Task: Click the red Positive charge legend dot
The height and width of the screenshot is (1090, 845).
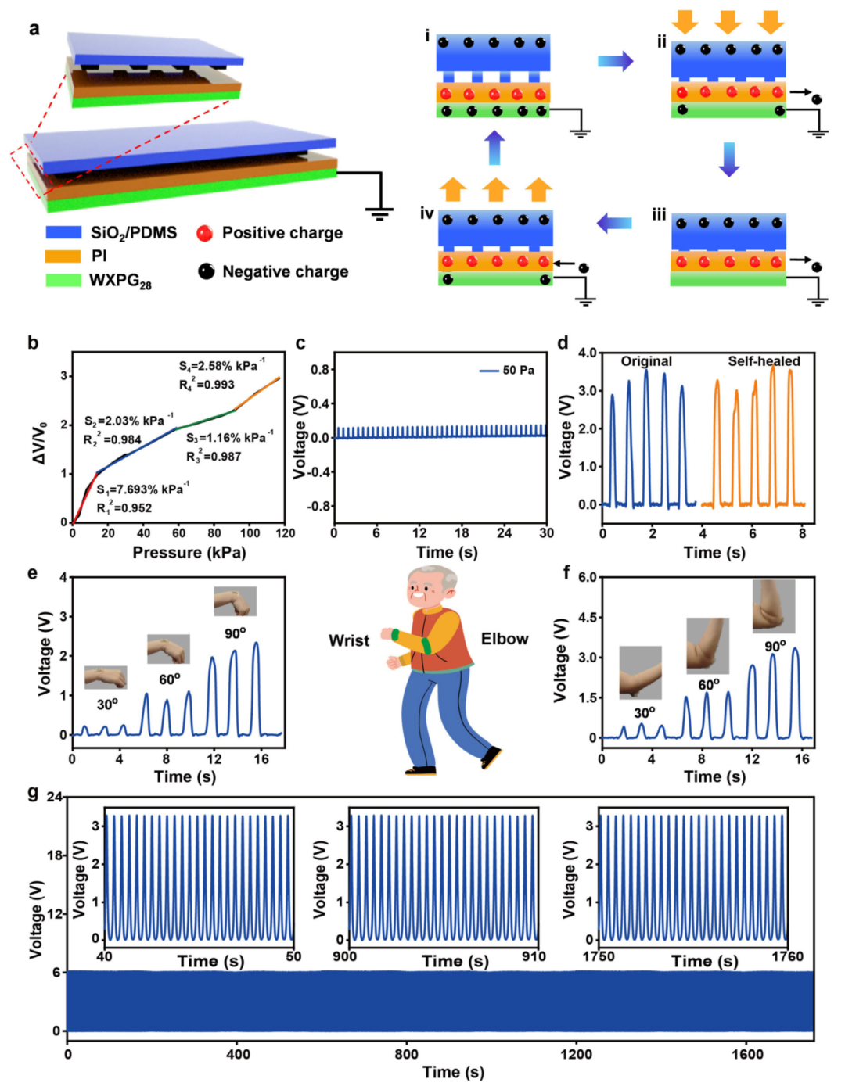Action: click(x=205, y=232)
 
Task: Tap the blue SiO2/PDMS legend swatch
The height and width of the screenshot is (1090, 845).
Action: click(x=63, y=232)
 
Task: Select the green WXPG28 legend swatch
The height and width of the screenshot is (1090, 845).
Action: click(x=63, y=279)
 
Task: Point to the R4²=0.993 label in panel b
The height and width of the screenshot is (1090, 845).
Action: click(x=207, y=384)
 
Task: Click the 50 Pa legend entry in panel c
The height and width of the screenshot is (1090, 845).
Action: click(x=507, y=370)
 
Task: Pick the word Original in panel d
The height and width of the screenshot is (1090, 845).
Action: click(x=646, y=361)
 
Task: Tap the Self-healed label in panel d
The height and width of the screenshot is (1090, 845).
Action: click(x=764, y=361)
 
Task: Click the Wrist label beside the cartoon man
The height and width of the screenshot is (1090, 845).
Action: click(x=349, y=641)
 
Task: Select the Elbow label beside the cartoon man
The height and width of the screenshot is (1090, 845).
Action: click(x=505, y=639)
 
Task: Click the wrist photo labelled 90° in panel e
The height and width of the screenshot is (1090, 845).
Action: click(x=236, y=601)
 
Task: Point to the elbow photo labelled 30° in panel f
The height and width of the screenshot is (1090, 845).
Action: click(x=640, y=672)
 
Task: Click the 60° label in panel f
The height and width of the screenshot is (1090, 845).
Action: click(x=709, y=685)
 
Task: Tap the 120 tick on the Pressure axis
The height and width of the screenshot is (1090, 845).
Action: click(x=286, y=533)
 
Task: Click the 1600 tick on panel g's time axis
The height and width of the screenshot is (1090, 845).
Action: click(x=747, y=1054)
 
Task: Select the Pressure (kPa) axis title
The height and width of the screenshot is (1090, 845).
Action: click(x=189, y=553)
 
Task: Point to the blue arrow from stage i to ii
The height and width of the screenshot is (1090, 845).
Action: click(x=615, y=61)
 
